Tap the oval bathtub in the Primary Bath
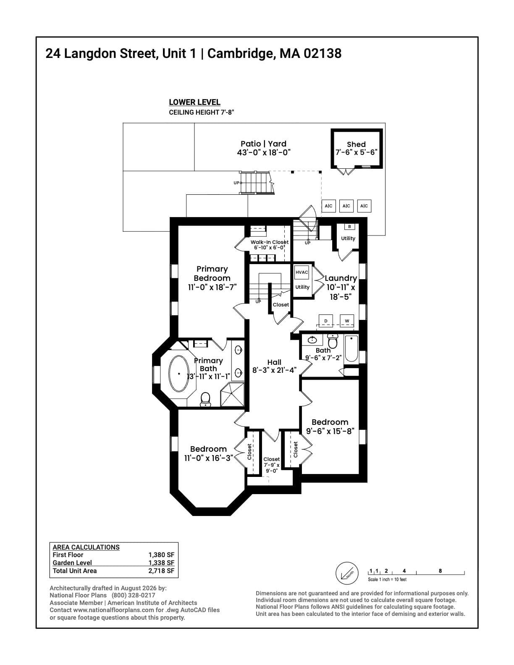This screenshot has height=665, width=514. click(x=179, y=373)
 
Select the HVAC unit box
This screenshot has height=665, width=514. click(x=302, y=272)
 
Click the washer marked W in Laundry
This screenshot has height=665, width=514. click(x=347, y=321)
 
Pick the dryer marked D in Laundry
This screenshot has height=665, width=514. click(x=326, y=321)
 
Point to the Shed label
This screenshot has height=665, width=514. click(x=356, y=144)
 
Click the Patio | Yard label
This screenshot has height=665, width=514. click(x=264, y=144)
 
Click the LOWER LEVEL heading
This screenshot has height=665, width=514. click(x=195, y=102)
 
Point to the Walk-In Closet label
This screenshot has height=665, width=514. click(x=270, y=242)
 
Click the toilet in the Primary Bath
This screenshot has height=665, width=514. click(x=205, y=400)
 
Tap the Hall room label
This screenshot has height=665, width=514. click(x=274, y=362)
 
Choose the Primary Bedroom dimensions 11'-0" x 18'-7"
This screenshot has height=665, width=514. click(x=212, y=287)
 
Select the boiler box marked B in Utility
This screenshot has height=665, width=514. click(x=349, y=227)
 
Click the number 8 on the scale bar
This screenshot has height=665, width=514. click(x=440, y=571)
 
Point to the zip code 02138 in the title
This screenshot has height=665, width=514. click(x=323, y=54)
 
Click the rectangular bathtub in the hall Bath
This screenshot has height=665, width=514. click(x=351, y=349)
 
